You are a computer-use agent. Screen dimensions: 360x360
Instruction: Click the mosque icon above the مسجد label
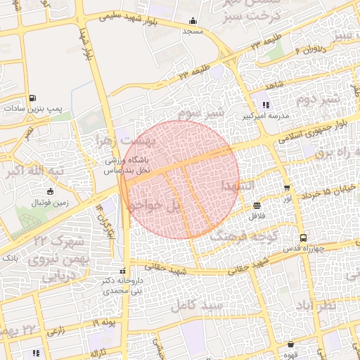point(193,21)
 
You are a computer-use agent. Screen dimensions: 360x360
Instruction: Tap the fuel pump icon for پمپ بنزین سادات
point(32,98)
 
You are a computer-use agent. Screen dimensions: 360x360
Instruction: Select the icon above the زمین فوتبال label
point(49,192)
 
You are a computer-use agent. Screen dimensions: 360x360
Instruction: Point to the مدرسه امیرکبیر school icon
point(266,104)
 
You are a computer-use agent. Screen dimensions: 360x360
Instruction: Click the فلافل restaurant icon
point(257,206)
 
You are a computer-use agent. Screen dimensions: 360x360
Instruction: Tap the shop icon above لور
point(287,188)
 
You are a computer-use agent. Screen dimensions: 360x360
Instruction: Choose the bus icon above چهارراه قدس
point(303,238)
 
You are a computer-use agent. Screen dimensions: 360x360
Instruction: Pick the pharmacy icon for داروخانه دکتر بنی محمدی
point(124,271)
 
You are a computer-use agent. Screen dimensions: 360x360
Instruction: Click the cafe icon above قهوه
point(290,345)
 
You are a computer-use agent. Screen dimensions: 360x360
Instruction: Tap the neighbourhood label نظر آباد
point(337,307)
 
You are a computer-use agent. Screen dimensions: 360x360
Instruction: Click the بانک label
point(11,258)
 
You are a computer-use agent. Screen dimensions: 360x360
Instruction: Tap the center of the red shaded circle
point(179,179)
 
